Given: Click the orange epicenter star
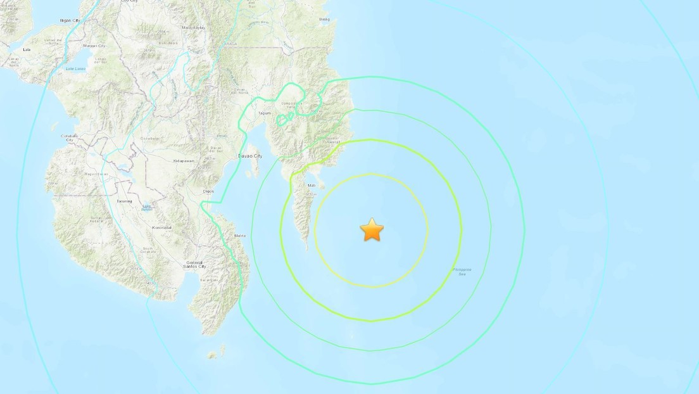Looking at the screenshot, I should pyautogui.click(x=372, y=230).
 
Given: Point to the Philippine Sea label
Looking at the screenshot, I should pyautogui.click(x=462, y=271).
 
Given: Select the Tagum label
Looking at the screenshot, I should pyautogui.click(x=265, y=113).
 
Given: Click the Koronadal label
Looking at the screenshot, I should pyautogui.click(x=162, y=227).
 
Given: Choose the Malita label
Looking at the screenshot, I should pyautogui.click(x=240, y=236).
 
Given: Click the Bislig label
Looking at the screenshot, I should pyautogui.click(x=325, y=20).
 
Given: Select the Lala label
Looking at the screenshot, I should pyautogui.click(x=27, y=49).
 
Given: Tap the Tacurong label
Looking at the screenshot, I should pyautogui.click(x=124, y=201).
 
